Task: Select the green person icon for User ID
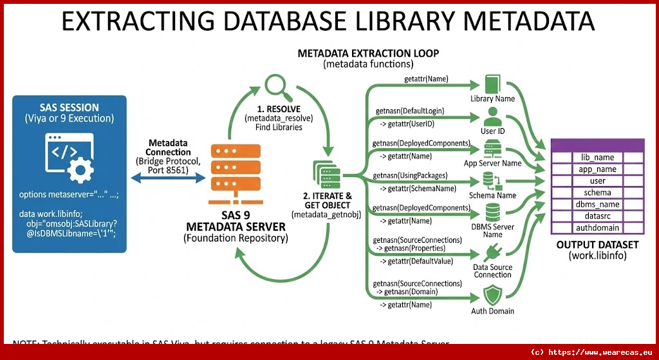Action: pos(492,118)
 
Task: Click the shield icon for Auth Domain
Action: pos(492,296)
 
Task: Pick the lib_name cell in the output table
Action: pos(597,157)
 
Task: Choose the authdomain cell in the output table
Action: pos(597,227)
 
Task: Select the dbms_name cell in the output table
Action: pos(597,204)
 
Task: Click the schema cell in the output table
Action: pos(597,193)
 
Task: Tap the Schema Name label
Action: pos(492,195)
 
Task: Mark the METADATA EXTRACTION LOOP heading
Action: pos(368,53)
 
